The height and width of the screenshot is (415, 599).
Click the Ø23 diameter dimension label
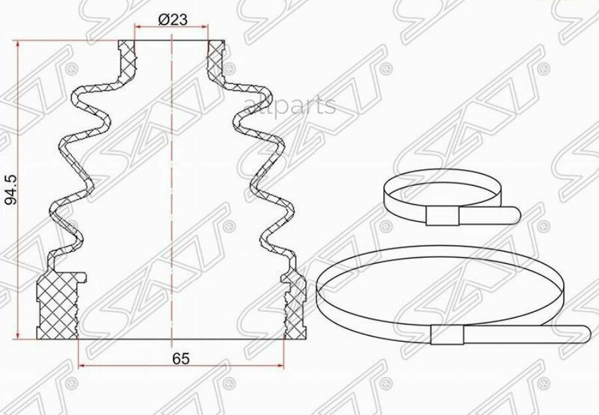(172, 20)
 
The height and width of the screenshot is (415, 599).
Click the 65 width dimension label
(180, 358)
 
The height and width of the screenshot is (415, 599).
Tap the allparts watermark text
(290, 106)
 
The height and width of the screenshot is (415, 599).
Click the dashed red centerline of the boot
(172, 200)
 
